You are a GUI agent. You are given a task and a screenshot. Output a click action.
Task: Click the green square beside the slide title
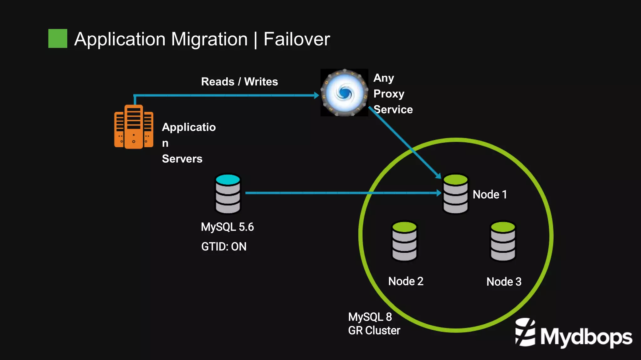[x=58, y=38]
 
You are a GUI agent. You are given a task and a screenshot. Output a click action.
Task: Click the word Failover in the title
[x=296, y=39]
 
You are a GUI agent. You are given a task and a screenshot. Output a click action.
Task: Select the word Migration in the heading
[x=209, y=39]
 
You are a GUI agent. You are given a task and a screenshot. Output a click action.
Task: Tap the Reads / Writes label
[x=239, y=82]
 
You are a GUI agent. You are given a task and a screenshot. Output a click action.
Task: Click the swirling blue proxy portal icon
[x=344, y=93]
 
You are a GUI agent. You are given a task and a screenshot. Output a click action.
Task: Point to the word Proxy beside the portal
[x=389, y=94]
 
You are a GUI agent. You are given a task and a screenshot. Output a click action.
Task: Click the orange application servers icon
[x=134, y=127]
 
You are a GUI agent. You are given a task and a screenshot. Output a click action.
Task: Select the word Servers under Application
[x=182, y=159]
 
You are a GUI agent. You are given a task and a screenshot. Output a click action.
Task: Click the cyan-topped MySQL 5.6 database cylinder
[x=228, y=194]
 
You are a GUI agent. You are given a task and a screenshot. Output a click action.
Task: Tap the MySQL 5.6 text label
[x=227, y=227]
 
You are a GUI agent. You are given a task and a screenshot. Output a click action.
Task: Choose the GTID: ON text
[x=224, y=247]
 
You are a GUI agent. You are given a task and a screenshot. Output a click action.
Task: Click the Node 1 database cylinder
[x=456, y=194]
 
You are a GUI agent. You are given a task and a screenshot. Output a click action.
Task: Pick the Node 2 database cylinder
[x=404, y=241]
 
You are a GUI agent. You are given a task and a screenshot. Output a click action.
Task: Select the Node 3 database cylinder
[x=503, y=241]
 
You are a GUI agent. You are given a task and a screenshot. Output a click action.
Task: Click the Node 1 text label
[x=490, y=195]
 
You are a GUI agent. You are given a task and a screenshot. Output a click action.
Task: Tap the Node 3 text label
[x=504, y=282]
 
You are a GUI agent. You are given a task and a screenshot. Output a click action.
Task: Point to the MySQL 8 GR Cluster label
[x=374, y=324]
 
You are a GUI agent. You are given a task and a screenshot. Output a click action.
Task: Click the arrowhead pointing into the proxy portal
[x=316, y=95]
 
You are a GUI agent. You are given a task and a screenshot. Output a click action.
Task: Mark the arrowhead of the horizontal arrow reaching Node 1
[x=439, y=193]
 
